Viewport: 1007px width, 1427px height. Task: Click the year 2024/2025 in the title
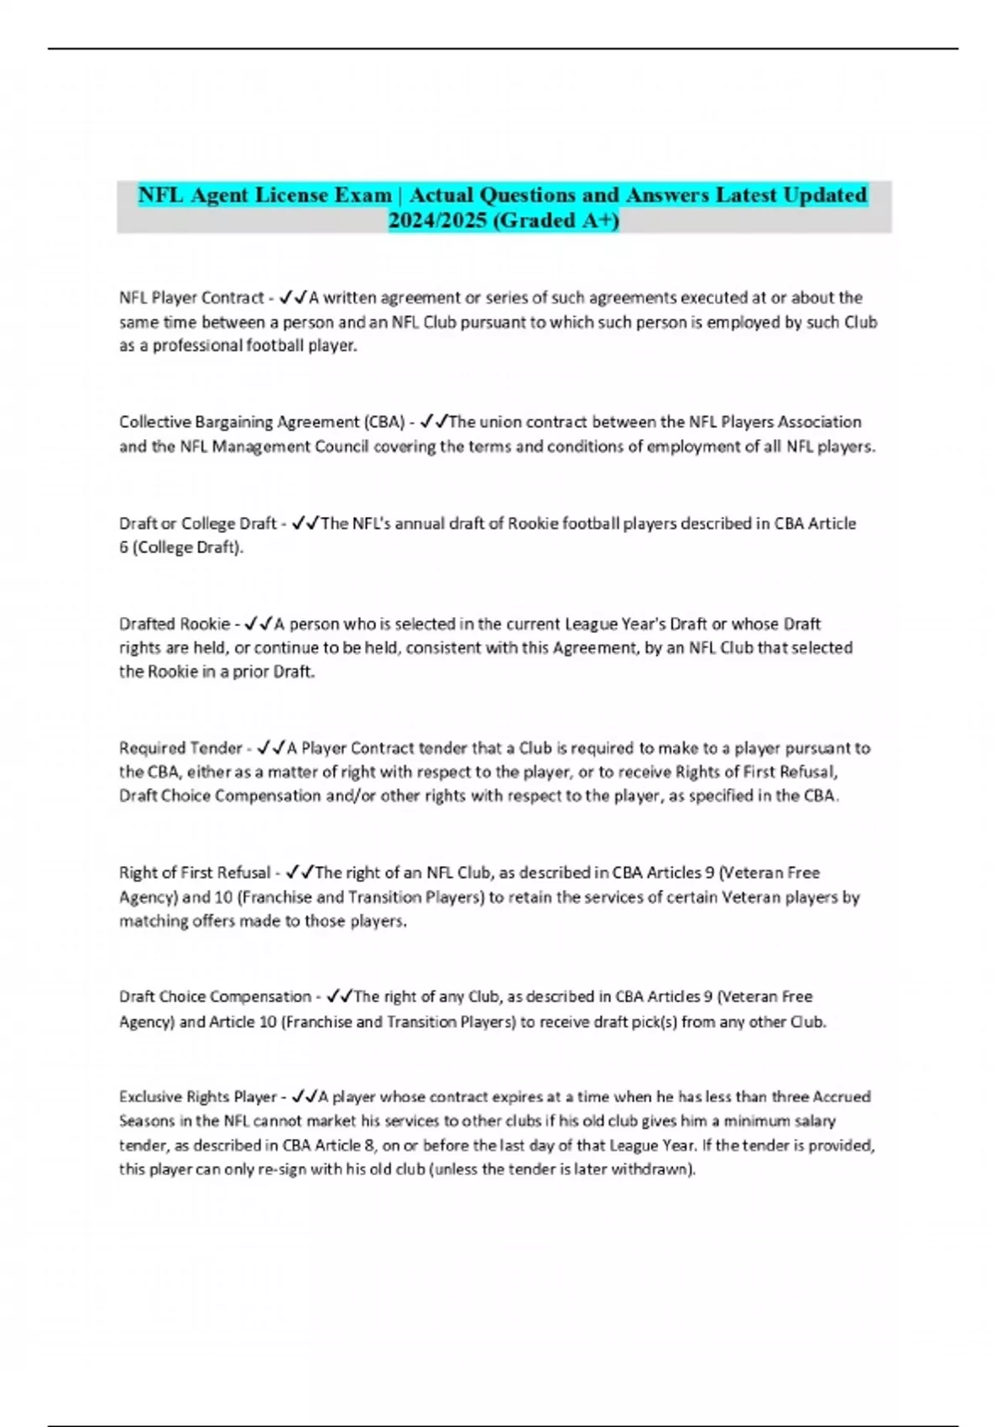436,221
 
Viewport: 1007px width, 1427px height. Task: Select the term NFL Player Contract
191,298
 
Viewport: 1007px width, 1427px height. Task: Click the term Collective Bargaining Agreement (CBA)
263,421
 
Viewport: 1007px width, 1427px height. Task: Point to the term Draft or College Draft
198,523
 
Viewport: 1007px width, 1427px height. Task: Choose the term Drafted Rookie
175,624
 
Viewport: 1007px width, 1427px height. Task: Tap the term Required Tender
180,748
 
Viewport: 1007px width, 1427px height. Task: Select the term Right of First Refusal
195,872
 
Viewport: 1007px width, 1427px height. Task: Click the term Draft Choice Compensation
215,996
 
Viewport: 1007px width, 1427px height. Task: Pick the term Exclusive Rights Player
198,1096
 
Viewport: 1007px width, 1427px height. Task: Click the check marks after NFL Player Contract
293,298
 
